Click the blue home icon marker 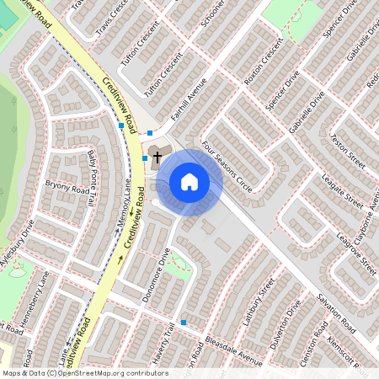point(189,182)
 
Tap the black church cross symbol point(157,157)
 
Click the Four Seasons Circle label point(227,166)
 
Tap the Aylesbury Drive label point(18,245)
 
